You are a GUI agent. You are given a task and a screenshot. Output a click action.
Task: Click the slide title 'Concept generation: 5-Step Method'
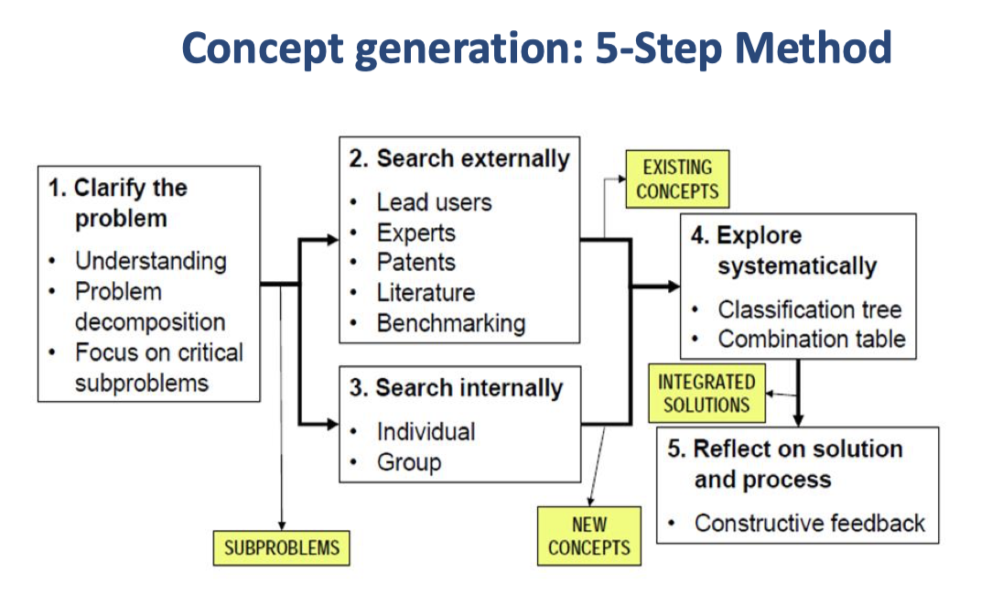[x=537, y=49]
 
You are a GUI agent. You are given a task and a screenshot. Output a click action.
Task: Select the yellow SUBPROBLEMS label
[x=282, y=547]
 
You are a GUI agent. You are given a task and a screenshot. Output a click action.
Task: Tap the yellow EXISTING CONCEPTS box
[x=677, y=179]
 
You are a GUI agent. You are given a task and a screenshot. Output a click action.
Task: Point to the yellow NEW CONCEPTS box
[x=589, y=536]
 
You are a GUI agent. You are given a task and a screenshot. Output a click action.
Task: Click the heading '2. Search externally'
[x=459, y=158]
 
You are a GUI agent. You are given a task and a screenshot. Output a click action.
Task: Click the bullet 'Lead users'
[x=434, y=201]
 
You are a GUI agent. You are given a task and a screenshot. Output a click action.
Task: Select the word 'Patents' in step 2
[x=416, y=262]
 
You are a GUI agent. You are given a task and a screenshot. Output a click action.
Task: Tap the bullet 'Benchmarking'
[x=451, y=322]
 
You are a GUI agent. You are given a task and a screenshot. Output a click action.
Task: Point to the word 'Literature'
[x=426, y=292]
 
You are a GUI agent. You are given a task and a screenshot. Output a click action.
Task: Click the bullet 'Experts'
[x=416, y=232]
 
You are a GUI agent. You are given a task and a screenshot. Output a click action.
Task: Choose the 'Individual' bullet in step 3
[x=426, y=430]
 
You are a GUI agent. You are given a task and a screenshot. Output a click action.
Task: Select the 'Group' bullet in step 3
[x=409, y=461]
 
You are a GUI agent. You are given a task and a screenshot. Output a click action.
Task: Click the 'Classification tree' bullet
[x=809, y=308]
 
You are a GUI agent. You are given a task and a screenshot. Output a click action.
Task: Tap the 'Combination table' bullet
[x=811, y=339]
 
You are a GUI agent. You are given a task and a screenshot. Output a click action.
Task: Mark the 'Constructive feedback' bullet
[x=809, y=523]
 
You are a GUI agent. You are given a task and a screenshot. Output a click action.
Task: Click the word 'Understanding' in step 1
[x=150, y=260]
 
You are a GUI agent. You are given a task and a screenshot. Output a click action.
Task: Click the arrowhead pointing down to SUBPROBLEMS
[x=282, y=525]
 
